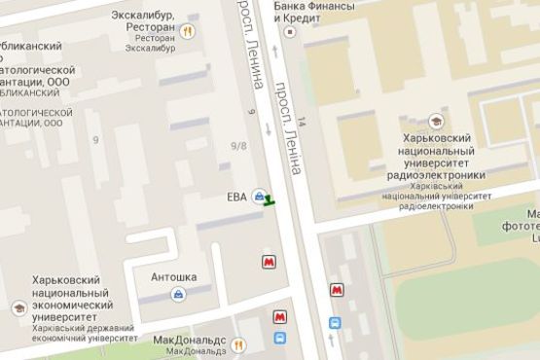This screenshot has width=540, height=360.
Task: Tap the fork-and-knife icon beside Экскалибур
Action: pos(189,31)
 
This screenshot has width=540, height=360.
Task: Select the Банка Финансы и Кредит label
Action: pos(314,13)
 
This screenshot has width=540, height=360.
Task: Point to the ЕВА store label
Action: pos(236,198)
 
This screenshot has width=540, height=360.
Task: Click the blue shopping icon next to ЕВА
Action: pos(258,198)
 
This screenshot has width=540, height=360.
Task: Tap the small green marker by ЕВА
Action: pos(269,200)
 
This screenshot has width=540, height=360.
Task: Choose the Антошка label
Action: pos(173,277)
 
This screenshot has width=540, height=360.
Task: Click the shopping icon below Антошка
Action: pos(178,294)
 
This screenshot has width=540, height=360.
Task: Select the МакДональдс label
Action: pos(190,341)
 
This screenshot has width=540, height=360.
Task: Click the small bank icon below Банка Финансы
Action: pos(289,30)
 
